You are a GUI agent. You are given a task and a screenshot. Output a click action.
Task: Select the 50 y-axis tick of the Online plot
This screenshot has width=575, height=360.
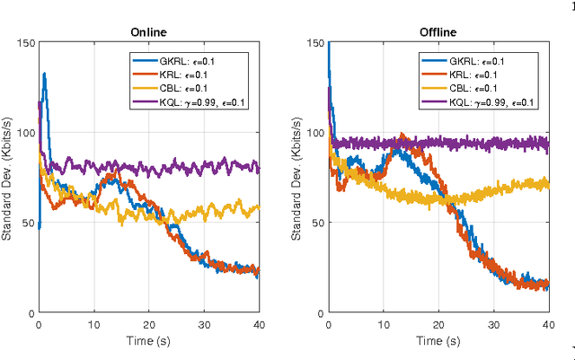click(28, 223)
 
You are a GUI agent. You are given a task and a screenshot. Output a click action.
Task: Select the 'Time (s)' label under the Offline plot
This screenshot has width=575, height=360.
click(438, 342)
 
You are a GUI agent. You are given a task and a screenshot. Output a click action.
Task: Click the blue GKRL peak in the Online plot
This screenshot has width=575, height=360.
click(44, 75)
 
